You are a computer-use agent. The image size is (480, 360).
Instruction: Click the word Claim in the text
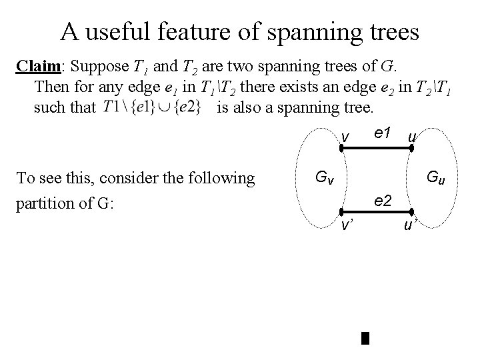[38, 67]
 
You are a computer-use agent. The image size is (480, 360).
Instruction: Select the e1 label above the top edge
[382, 133]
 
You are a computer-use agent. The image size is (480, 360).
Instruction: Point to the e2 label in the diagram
[383, 199]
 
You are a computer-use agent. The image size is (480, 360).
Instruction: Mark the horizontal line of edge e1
[375, 150]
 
